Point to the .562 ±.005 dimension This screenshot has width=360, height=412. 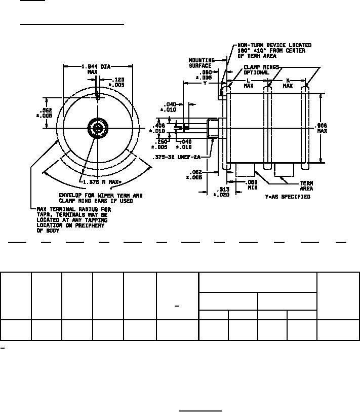[46, 113]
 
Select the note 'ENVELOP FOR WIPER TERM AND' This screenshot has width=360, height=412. [101, 196]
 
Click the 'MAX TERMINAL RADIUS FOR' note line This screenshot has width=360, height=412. [74, 209]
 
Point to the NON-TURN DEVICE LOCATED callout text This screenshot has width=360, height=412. [274, 46]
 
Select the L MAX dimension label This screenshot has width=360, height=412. [249, 84]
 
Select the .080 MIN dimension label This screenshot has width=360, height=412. [252, 184]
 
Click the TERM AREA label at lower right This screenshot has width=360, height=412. [307, 186]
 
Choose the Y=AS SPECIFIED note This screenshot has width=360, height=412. [288, 197]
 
